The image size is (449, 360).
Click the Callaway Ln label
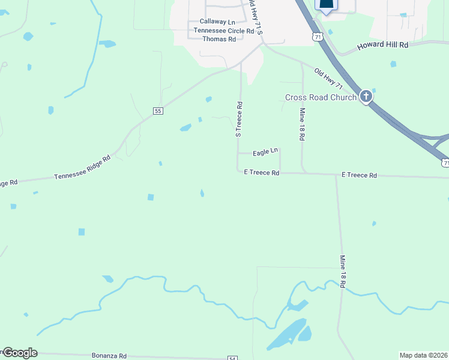pyautogui.click(x=217, y=22)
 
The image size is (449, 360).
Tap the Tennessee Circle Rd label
pyautogui.click(x=219, y=31)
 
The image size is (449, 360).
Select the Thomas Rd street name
pyautogui.click(x=219, y=39)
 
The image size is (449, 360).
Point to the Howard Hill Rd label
pyautogui.click(x=382, y=46)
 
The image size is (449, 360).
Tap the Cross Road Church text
pyautogui.click(x=321, y=97)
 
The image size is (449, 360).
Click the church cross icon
pyautogui.click(x=366, y=96)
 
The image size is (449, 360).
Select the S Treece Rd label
pyautogui.click(x=239, y=119)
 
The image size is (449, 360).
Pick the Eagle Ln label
pyautogui.click(x=265, y=153)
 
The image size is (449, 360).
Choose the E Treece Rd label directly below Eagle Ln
pyautogui.click(x=262, y=173)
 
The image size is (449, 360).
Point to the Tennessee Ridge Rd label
pyautogui.click(x=83, y=168)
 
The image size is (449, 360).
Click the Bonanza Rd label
pyautogui.click(x=109, y=356)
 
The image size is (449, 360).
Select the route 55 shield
pyautogui.click(x=158, y=111)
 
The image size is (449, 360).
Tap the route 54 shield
pyautogui.click(x=232, y=358)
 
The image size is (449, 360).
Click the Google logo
pyautogui.click(x=20, y=353)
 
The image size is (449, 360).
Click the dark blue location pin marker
pyautogui.click(x=326, y=5)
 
